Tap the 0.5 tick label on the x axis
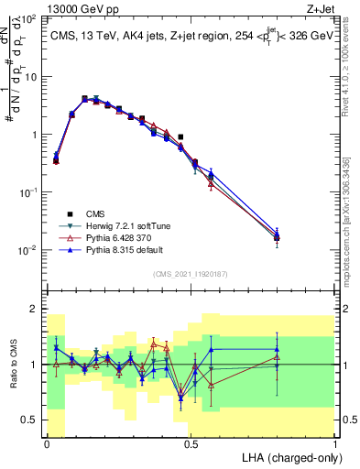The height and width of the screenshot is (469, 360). (x=191, y=443)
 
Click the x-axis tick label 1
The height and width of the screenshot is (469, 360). (x=335, y=443)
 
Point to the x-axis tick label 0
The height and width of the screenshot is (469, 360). (x=47, y=443)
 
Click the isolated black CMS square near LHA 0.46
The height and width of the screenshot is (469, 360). (x=180, y=136)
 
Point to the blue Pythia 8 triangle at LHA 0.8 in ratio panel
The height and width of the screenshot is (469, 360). (x=277, y=349)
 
